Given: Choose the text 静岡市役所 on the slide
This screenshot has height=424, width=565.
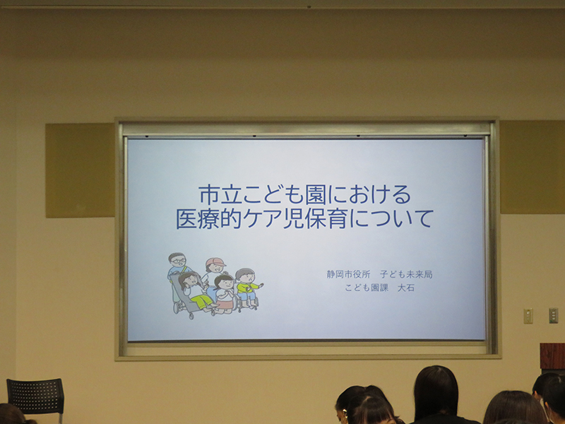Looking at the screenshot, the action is click(348, 274).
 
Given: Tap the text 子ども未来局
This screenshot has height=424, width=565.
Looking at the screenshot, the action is click(406, 274).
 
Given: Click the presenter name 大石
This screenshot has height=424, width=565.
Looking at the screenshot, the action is click(405, 288).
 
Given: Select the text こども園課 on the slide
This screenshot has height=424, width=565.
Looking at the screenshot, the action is click(367, 288).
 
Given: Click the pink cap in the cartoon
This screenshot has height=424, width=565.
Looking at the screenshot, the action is click(215, 261).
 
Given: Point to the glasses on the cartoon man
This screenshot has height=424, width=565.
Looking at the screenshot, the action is click(179, 260).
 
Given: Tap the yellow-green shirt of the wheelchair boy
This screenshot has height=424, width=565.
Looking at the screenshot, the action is click(246, 287).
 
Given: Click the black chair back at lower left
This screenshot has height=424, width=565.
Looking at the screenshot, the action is click(35, 396).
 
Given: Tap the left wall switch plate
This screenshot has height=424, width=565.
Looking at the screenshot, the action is click(528, 316).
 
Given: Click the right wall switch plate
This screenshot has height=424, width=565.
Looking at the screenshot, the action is click(553, 315).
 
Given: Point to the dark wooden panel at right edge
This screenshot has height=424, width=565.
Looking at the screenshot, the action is click(552, 356).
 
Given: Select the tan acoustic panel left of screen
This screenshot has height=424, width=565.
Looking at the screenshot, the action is click(80, 170).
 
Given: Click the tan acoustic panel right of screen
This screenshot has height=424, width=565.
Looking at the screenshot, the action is click(533, 167).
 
